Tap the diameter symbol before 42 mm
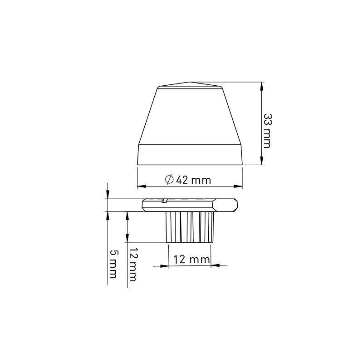[169, 180]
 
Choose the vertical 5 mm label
[113, 264]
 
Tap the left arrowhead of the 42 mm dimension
[141, 186]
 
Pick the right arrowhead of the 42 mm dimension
[238, 186]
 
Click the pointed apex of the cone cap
[190, 83]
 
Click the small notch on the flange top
[164, 200]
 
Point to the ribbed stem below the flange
[190, 226]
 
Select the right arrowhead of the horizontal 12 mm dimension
[216, 265]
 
